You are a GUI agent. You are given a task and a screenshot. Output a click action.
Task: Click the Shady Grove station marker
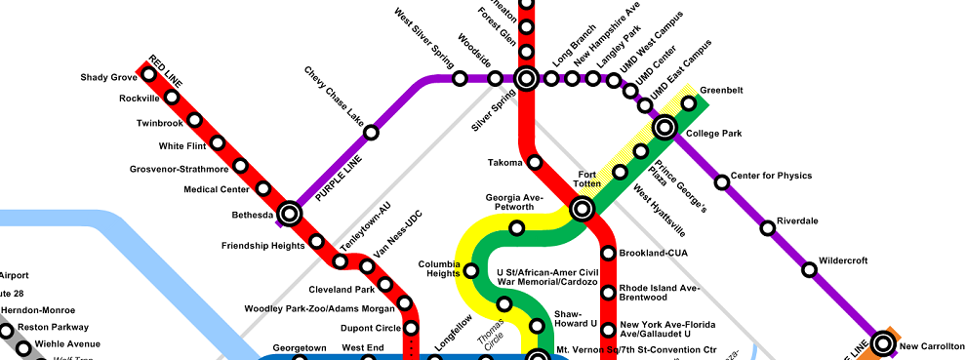pyautogui.click(x=148, y=74)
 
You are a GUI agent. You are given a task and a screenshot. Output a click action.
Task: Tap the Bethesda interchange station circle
pyautogui.click(x=289, y=213)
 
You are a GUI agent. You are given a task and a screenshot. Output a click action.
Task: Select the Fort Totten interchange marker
pyautogui.click(x=583, y=209)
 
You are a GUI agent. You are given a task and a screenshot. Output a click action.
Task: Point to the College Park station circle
pyautogui.click(x=664, y=127)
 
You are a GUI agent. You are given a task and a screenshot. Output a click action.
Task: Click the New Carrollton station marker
pyautogui.click(x=884, y=343)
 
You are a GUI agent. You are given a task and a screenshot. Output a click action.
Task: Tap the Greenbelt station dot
pyautogui.click(x=688, y=102)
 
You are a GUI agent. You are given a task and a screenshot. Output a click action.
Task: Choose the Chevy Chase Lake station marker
pyautogui.click(x=371, y=132)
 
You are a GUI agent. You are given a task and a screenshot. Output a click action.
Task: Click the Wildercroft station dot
pyautogui.click(x=809, y=270)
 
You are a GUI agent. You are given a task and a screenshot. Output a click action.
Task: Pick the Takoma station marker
pyautogui.click(x=535, y=162)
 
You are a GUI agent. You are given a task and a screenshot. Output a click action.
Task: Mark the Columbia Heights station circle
pyautogui.click(x=471, y=270)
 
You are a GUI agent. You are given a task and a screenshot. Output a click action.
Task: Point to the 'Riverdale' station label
pyautogui.click(x=797, y=220)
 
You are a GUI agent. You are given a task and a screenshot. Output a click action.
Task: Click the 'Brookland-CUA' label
pyautogui.click(x=655, y=253)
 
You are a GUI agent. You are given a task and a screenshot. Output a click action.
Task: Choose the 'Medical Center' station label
pyautogui.click(x=217, y=189)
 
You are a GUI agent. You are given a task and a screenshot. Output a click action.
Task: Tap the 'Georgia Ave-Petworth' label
pyautogui.click(x=513, y=203)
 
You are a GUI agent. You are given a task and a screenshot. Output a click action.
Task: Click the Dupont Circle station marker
pyautogui.click(x=411, y=328)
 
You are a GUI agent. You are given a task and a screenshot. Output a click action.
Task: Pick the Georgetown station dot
pyautogui.click(x=301, y=357)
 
